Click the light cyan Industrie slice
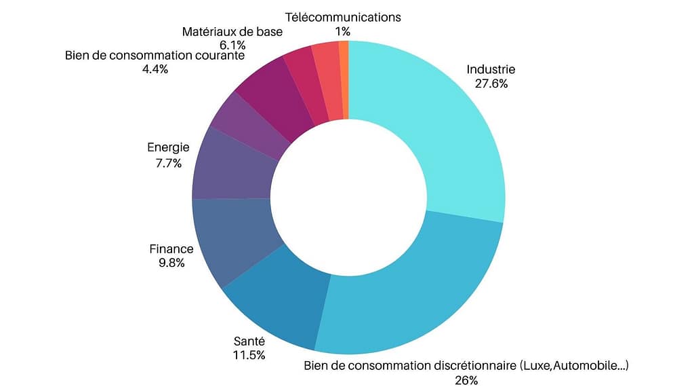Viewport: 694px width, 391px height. (441, 129)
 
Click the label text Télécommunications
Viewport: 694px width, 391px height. (343, 17)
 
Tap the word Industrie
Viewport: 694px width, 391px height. (491, 69)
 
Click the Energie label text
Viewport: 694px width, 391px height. (168, 147)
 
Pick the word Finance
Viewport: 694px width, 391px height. (171, 249)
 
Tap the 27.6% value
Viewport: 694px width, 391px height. (491, 84)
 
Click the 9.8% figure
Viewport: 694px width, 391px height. (171, 263)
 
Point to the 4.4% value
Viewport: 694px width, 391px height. (155, 69)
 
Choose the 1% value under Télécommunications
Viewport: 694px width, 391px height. (343, 31)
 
